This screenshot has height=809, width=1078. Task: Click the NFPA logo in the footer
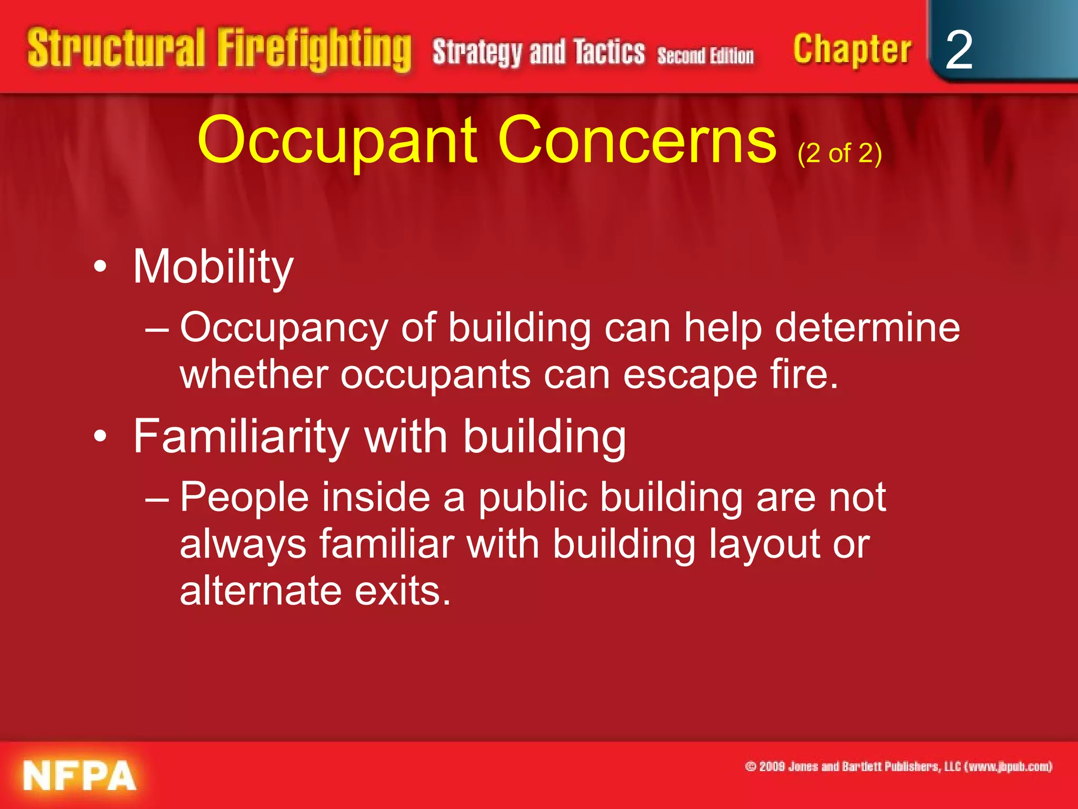point(79,775)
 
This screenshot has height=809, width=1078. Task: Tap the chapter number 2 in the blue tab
point(959,50)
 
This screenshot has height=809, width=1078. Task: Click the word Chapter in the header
point(852,51)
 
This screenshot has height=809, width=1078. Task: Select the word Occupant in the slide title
point(337,141)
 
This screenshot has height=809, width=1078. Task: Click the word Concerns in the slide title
point(637,141)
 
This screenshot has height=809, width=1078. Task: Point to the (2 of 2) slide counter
point(840,153)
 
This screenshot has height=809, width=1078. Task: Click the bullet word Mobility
point(213,267)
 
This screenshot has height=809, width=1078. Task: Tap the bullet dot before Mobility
point(100,267)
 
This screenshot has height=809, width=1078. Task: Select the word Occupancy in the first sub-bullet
point(284,328)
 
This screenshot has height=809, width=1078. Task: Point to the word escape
point(690,374)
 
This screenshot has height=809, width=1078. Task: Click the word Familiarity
point(241,437)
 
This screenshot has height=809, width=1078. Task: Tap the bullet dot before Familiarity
point(100,437)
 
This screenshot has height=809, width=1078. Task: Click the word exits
point(403,590)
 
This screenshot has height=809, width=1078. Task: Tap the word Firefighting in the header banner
point(314,50)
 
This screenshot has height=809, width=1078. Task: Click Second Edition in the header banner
point(705,55)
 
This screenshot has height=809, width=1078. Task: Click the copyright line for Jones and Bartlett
point(899,766)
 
